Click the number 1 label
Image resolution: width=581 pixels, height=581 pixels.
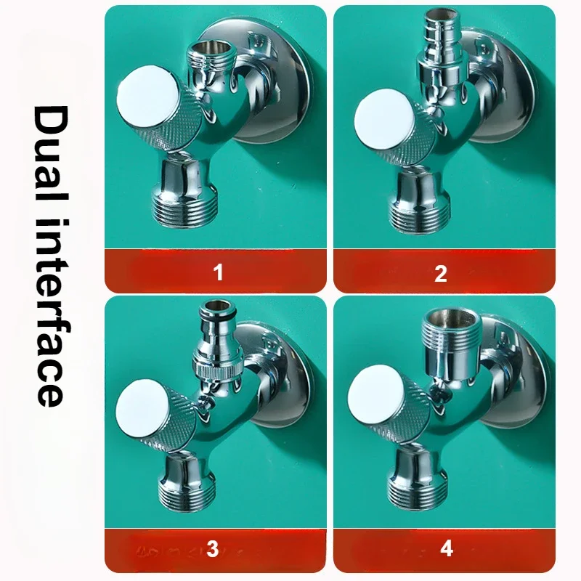tap(216, 273)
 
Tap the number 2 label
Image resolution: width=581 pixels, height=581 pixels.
tap(441, 273)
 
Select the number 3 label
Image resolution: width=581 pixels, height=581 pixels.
tap(212, 549)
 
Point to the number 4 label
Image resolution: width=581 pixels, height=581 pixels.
tap(447, 548)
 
